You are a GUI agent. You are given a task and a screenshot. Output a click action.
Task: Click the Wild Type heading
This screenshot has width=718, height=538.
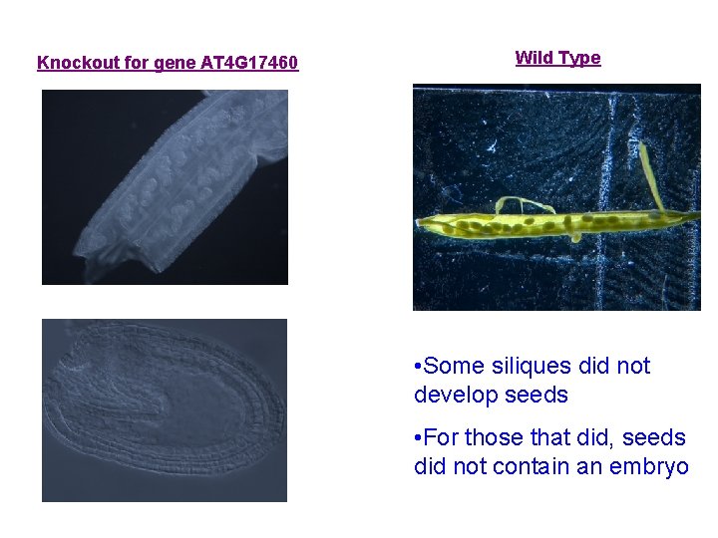coord(557,58)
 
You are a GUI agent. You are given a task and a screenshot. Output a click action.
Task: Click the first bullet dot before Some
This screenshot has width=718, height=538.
coord(419,367)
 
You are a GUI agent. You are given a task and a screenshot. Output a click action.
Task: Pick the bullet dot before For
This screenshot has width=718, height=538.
coord(419,437)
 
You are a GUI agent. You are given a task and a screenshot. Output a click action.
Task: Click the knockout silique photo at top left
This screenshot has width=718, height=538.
coord(165,187)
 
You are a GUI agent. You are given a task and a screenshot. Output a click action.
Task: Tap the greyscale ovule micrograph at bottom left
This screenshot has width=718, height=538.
coord(165,409)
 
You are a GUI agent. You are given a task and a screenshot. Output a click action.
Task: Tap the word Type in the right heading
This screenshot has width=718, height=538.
coord(580,58)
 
